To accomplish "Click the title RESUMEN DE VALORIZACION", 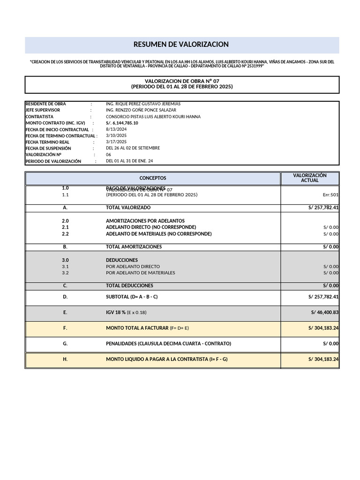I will point(181,45).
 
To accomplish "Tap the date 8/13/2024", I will point(116,129).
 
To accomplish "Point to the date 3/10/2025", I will point(116,135).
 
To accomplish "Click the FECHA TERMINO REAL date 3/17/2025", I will point(116,142).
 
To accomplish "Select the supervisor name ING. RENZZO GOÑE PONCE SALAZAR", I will point(141,110).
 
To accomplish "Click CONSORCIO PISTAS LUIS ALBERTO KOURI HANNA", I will point(153,117).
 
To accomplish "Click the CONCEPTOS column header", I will point(153,178).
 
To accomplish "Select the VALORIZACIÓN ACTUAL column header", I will point(309,178).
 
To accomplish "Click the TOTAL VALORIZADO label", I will point(128,207).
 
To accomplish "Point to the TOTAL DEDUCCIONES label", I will point(129,285).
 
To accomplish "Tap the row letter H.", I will point(65,359).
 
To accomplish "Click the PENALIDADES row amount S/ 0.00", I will point(330,344).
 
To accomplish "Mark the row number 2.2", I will point(65,233).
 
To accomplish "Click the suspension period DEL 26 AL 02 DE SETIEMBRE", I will point(133,148).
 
